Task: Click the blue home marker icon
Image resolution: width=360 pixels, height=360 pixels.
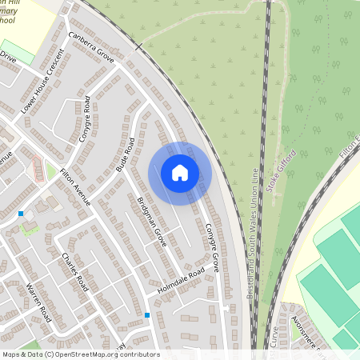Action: tap(180, 173)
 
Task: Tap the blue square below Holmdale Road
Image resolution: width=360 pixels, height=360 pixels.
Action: tap(147, 315)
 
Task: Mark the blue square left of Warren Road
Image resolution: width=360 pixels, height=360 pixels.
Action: tap(21, 214)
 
